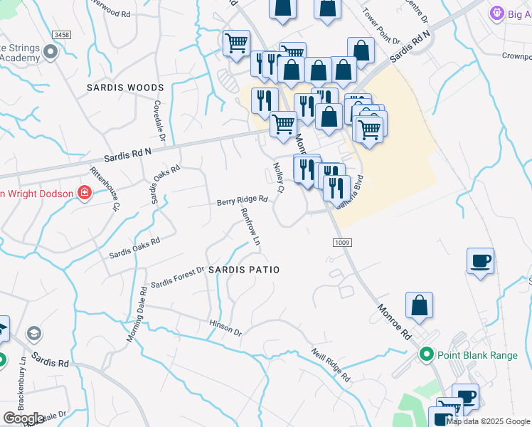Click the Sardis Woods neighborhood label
(125, 88)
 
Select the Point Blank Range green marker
(427, 354)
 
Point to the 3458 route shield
(63, 34)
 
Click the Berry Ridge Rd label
(242, 201)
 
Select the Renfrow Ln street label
(250, 227)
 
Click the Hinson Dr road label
(225, 328)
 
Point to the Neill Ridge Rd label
(331, 364)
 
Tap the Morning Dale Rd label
(137, 314)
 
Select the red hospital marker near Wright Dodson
(85, 193)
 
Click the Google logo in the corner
(23, 418)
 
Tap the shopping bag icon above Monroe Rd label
(420, 305)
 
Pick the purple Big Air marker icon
(496, 14)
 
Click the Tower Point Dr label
(378, 25)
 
